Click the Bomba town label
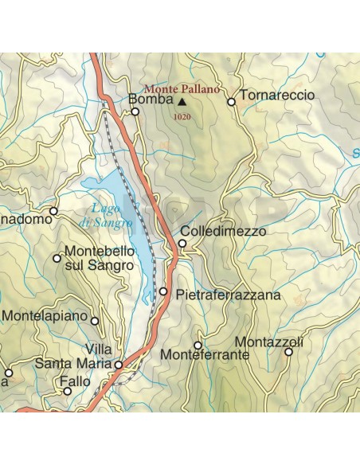coord(151,101)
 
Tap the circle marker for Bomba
coord(135,111)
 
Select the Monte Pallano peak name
coord(182,89)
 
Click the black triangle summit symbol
coord(182,102)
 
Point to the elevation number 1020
coord(182,117)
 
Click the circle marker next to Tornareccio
coord(232,102)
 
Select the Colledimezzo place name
coord(227,232)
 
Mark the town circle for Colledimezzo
coord(182,244)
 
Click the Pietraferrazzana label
coord(228,295)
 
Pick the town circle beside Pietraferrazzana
coord(163,292)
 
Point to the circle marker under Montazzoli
coord(289,351)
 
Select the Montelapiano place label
coord(44,315)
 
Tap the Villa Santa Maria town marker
coord(118,365)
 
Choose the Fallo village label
coord(76,381)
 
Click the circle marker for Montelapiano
coord(95,322)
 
